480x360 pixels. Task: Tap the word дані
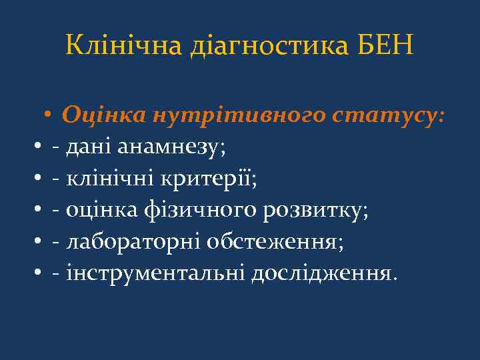(84, 147)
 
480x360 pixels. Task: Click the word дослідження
(323, 273)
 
